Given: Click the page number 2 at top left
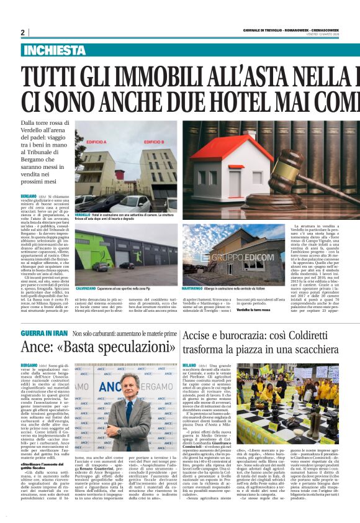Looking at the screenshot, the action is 23,32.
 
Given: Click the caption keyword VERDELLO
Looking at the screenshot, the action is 83,214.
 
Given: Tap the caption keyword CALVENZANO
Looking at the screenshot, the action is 86,271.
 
